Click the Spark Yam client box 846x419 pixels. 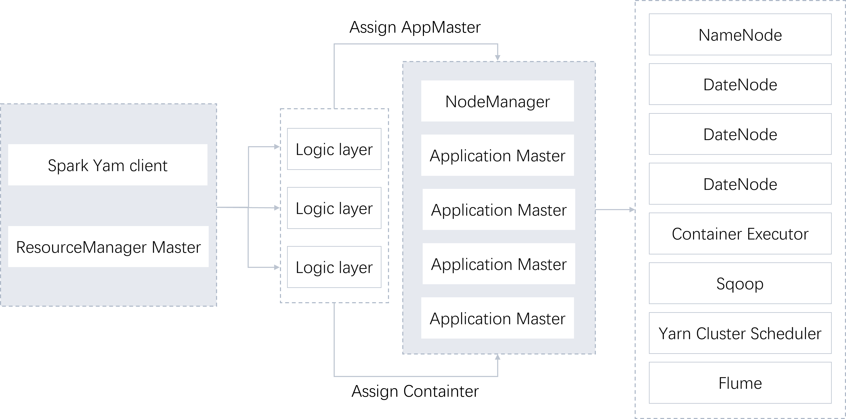tap(108, 165)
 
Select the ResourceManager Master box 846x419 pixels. tap(108, 247)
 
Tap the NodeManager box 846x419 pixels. tap(498, 101)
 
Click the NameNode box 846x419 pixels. tap(740, 35)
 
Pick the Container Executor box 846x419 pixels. tap(740, 233)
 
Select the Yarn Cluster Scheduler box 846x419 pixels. tap(740, 333)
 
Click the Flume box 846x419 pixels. tap(740, 383)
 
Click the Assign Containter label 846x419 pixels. tap(415, 391)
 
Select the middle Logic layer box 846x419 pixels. tap(334, 208)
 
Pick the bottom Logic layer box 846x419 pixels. tap(334, 267)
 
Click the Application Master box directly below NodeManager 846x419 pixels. tap(498, 155)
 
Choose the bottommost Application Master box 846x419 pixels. tap(498, 318)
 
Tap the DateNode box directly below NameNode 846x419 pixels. tap(740, 84)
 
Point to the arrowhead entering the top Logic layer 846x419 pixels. tap(277, 147)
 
